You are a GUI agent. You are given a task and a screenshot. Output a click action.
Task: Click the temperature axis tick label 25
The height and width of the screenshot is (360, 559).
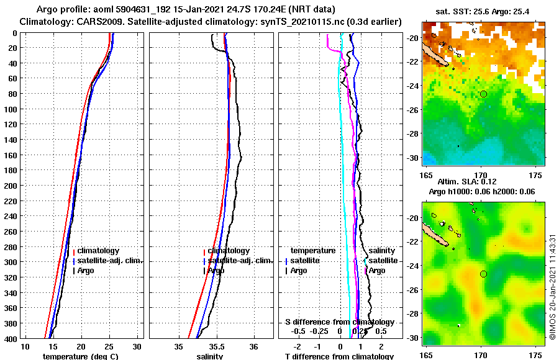109,346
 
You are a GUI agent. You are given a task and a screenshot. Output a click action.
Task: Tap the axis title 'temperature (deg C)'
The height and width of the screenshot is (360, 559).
80,356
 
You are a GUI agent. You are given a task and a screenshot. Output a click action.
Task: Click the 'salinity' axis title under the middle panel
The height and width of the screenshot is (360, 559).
211,356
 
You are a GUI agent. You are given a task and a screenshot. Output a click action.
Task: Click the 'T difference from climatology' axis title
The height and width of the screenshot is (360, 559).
340,356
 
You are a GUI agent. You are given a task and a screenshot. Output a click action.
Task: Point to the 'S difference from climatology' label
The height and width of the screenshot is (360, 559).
339,322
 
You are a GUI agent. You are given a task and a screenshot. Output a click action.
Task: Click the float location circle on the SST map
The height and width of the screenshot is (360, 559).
483,94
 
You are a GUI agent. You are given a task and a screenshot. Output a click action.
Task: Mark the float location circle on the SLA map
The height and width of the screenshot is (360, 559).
483,274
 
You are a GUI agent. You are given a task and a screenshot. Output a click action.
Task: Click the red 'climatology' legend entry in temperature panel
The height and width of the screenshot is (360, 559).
96,251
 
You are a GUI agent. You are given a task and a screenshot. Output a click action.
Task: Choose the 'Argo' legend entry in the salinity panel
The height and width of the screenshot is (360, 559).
216,271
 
